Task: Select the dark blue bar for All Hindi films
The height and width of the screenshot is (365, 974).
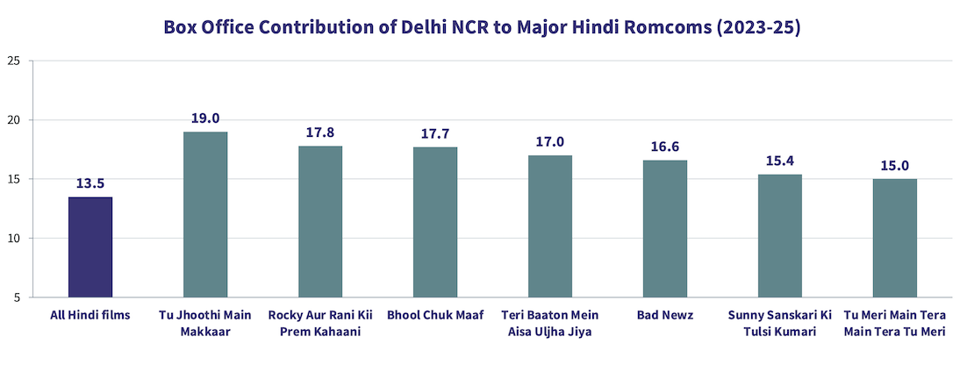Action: tap(90, 247)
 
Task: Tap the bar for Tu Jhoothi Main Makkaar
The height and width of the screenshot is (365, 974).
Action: tap(205, 215)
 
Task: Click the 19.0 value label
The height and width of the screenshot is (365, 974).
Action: tap(205, 118)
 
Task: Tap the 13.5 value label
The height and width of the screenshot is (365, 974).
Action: tap(90, 182)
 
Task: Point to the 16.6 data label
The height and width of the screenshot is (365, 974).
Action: tap(665, 146)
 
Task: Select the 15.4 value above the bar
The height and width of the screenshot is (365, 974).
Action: tap(780, 160)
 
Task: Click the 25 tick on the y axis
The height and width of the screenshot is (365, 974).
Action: tap(13, 61)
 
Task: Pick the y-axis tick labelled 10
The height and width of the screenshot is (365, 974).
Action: tap(13, 239)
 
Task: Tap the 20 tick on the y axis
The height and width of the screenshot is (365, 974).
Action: tap(13, 120)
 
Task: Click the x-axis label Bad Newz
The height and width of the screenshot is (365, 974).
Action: tap(665, 315)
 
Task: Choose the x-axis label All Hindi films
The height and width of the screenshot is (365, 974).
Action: tap(90, 315)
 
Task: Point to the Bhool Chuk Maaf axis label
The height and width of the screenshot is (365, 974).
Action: tap(435, 315)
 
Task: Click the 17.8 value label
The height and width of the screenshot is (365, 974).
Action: tap(320, 132)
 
